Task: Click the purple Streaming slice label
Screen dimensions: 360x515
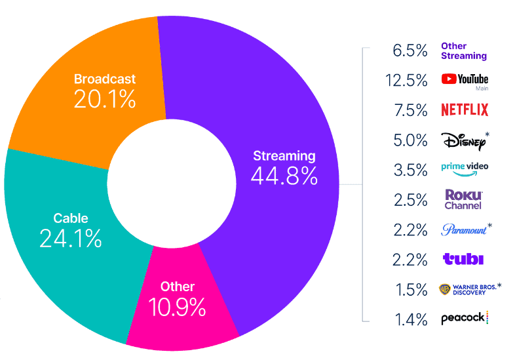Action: click(x=284, y=156)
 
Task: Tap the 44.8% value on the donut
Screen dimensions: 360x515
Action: click(x=284, y=175)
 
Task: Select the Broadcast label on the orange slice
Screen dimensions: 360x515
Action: click(x=105, y=79)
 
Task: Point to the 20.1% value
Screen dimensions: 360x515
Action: click(x=105, y=99)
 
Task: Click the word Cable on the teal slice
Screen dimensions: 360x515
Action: click(x=70, y=218)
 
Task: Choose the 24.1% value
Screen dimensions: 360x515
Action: click(x=70, y=238)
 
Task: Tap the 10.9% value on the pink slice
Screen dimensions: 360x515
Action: click(x=178, y=306)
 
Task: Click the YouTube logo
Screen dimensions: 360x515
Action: click(x=465, y=80)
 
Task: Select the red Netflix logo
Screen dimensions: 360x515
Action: click(x=465, y=110)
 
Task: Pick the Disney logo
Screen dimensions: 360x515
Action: click(x=463, y=140)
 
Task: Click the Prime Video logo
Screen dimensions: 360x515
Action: click(x=465, y=169)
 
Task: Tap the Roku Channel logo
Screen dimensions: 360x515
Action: click(x=463, y=199)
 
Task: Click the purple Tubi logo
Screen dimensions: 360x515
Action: click(x=463, y=259)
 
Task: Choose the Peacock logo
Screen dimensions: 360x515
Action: click(x=465, y=318)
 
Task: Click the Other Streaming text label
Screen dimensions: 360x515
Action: click(x=464, y=51)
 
